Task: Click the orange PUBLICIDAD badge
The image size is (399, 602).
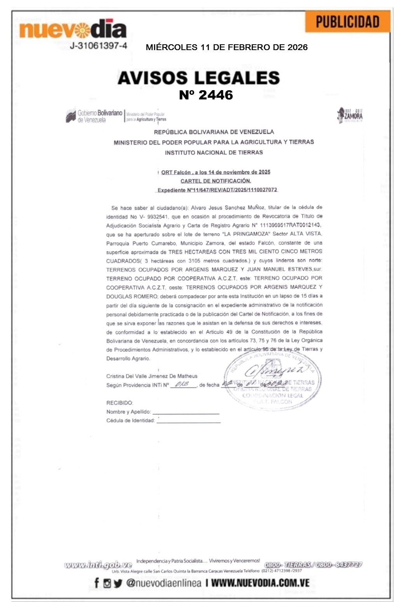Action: pos(347,22)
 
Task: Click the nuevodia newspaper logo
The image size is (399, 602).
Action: pos(73,29)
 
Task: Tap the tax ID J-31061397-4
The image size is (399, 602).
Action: pos(98,46)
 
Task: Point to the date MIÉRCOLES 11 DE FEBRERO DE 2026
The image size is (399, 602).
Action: pos(227,47)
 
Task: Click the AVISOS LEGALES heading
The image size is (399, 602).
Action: pos(199,78)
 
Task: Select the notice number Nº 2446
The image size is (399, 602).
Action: pos(206,95)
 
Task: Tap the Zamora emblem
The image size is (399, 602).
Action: pos(350,115)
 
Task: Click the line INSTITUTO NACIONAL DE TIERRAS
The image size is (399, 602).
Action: pos(214,153)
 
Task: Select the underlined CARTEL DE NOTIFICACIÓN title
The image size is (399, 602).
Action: pos(216,181)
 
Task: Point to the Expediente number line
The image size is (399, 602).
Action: pos(217,190)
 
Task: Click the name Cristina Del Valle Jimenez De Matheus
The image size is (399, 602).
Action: pos(152,376)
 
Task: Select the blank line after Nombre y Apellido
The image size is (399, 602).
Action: pos(186,412)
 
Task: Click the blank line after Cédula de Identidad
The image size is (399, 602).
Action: pos(189,421)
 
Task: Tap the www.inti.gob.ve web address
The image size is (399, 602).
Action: pos(98,565)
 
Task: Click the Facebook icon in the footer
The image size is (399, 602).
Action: pos(96,583)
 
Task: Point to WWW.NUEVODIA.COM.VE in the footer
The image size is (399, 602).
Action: pos(260,583)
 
